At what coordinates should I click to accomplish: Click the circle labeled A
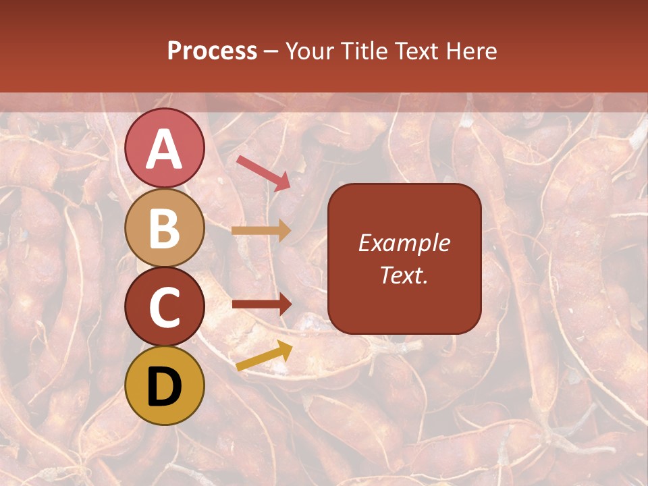click(x=164, y=148)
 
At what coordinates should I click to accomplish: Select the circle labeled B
click(x=164, y=227)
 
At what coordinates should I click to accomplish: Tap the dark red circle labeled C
click(x=164, y=306)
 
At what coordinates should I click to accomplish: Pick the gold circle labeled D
click(x=164, y=385)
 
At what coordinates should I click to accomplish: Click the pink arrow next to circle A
click(x=263, y=172)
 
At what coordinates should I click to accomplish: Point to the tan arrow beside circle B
click(x=261, y=231)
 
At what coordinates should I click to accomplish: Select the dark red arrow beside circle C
click(x=261, y=304)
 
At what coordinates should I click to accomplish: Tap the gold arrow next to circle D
click(x=264, y=356)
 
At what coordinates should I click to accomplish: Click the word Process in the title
click(x=212, y=51)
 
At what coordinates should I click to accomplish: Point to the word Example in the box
click(x=404, y=243)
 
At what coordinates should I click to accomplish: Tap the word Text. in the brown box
click(x=404, y=275)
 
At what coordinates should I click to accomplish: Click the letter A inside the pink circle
click(x=164, y=149)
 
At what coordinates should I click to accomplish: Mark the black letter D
click(x=164, y=387)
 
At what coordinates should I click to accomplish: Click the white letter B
click(x=164, y=228)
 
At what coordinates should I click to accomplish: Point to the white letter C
click(x=164, y=308)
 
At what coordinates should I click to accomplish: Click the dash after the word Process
click(x=271, y=52)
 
